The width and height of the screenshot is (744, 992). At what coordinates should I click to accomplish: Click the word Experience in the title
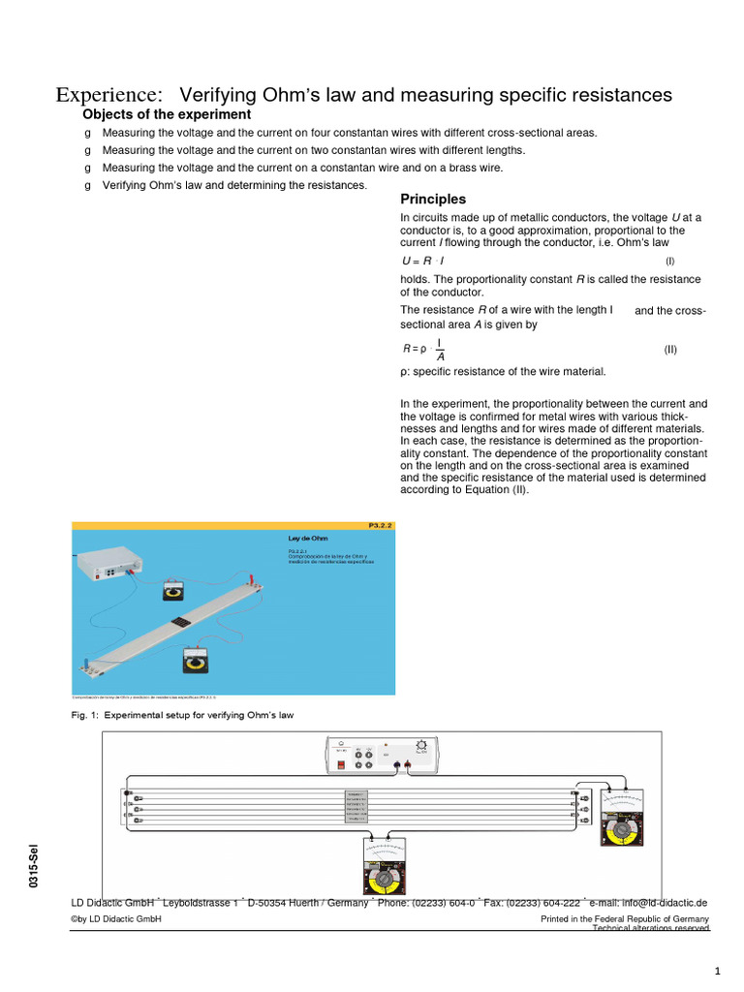click(108, 95)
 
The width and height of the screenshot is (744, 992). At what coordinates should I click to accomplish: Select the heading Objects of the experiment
click(167, 114)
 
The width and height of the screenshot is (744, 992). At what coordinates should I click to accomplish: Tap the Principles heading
click(433, 199)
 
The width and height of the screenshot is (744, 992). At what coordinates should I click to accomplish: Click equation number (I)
click(669, 262)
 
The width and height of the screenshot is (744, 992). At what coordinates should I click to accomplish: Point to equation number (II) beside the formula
click(670, 349)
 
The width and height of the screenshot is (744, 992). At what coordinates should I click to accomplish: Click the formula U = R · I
click(423, 262)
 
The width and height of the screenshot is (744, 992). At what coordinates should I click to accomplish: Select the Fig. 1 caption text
click(182, 715)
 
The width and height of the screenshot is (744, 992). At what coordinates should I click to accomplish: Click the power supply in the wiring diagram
click(385, 754)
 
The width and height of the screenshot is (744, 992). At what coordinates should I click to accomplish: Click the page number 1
click(717, 971)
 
